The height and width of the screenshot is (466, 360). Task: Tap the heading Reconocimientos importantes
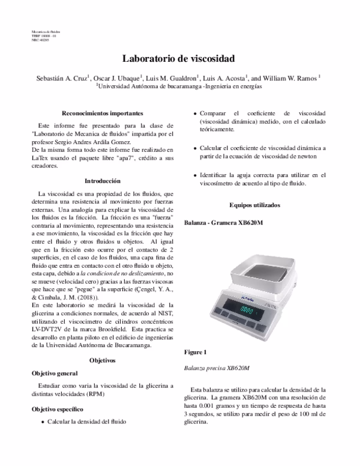103,113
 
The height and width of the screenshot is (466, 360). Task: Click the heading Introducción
103,180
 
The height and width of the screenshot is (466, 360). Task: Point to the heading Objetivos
103,360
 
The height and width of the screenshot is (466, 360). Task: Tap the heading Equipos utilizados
254,205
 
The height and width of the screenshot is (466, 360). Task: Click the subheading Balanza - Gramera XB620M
223,223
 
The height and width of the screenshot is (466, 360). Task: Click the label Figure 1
195,352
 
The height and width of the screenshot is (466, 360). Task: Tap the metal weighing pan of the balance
252,268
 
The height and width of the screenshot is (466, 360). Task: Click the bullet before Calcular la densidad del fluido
41,423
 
